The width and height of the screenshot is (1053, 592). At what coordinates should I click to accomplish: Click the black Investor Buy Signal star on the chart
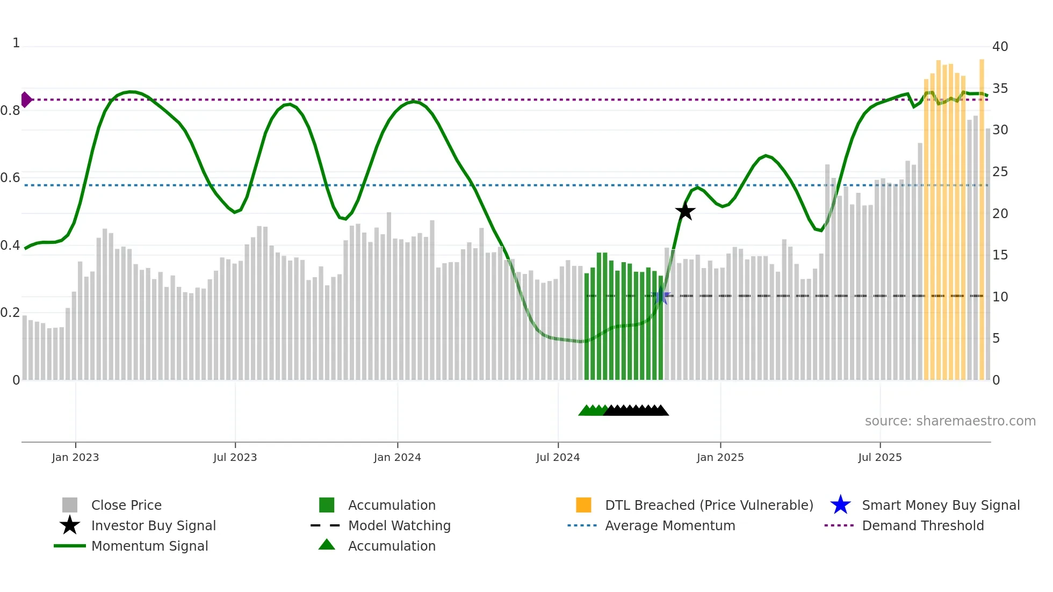coord(685,211)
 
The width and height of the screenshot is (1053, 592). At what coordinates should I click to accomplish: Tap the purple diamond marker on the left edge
coord(26,99)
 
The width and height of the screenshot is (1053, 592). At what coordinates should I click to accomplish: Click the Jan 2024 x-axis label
coord(397,457)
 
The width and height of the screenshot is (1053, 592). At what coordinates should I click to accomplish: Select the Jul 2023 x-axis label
coord(235,457)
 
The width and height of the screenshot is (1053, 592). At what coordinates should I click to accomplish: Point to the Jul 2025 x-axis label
coord(879,457)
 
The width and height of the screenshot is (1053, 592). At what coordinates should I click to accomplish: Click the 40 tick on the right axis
coord(1000,47)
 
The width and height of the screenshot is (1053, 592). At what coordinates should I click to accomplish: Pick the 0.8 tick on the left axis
coord(10,111)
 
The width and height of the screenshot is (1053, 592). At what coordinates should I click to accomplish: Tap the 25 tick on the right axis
coord(1000,172)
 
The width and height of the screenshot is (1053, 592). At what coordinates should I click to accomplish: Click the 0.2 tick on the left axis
coord(10,313)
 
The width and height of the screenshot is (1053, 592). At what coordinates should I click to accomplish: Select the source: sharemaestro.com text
coord(950,421)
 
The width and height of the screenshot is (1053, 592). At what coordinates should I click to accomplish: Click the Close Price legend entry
coord(126,505)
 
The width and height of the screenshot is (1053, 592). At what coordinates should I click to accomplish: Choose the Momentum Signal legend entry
coord(149,546)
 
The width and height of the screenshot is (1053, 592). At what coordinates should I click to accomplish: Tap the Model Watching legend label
coord(399,525)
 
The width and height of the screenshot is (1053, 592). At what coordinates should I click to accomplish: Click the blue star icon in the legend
coord(840,505)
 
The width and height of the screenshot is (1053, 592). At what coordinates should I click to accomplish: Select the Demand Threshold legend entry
coord(922,525)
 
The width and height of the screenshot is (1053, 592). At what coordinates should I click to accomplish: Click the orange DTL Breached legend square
coord(583,505)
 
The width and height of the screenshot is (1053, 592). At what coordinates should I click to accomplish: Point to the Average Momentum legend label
coord(670,525)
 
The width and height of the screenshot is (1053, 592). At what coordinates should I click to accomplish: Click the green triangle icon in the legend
coord(327,545)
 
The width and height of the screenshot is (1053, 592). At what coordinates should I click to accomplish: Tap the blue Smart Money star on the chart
coord(660,296)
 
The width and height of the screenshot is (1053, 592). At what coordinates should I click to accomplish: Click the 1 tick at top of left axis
coord(16,43)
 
